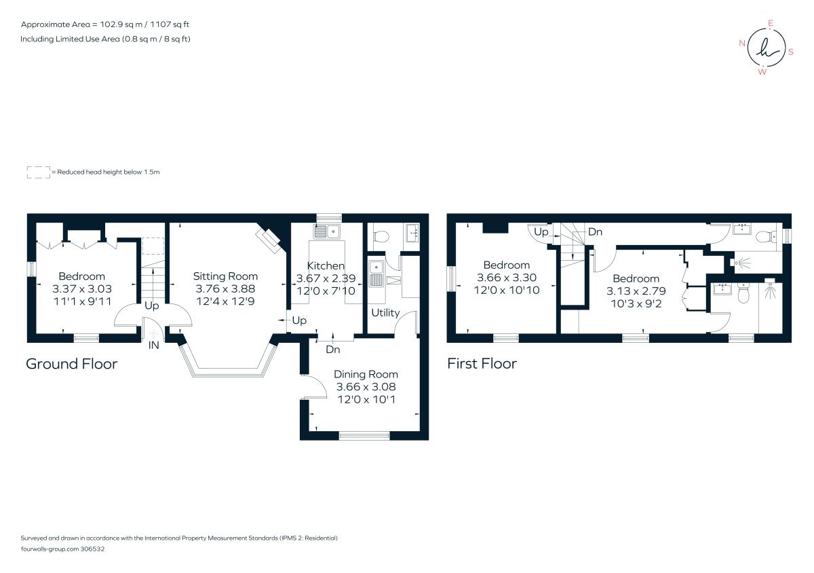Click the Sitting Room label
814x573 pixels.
click(x=225, y=276)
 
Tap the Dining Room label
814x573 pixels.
click(x=366, y=374)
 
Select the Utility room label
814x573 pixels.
click(x=385, y=313)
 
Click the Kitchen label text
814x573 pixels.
click(x=326, y=265)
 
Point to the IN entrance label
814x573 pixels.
click(x=154, y=346)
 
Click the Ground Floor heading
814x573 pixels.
click(x=72, y=364)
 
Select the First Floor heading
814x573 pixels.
click(x=482, y=363)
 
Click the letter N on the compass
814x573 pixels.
click(x=742, y=43)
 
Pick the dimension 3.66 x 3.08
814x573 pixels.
click(x=366, y=387)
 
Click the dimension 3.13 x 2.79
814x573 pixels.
click(x=636, y=291)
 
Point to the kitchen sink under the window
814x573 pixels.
click(x=326, y=232)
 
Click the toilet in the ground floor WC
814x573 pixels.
click(x=381, y=236)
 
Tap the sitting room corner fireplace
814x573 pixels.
click(x=268, y=240)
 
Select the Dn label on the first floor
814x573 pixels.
click(x=595, y=232)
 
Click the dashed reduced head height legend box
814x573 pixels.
click(x=39, y=172)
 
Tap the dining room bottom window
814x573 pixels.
click(x=364, y=435)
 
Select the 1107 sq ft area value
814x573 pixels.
click(x=170, y=24)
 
